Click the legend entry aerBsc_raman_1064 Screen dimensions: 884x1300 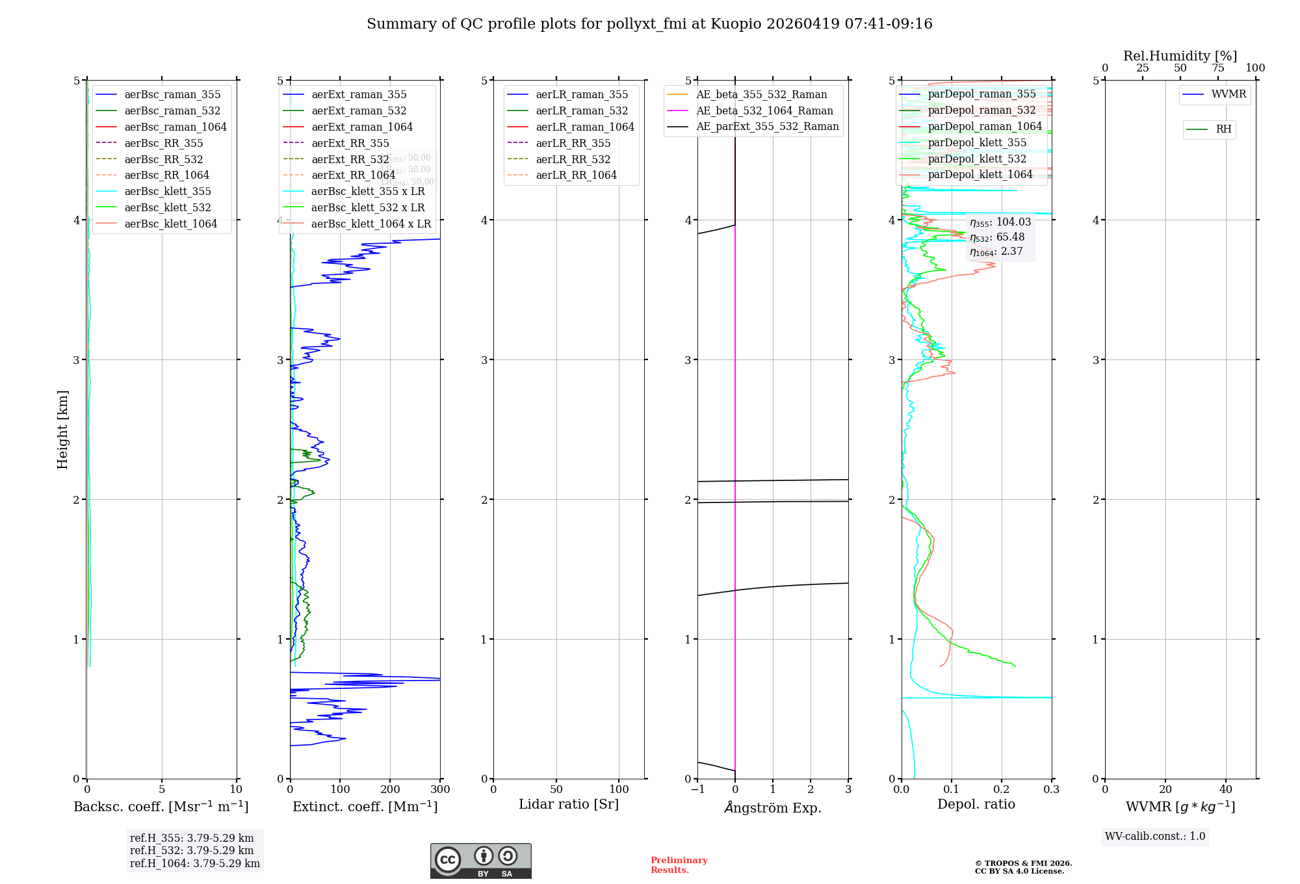175,127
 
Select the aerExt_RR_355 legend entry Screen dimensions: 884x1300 350,143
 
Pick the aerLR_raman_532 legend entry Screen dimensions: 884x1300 582,110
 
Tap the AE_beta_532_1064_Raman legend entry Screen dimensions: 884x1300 764,110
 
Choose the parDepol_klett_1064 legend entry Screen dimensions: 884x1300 980,174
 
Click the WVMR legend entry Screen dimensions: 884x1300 1228,94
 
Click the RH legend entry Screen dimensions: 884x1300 1223,129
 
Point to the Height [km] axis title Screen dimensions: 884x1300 62,429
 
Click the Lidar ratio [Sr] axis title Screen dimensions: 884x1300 569,804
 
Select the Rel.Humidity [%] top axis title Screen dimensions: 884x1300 1180,56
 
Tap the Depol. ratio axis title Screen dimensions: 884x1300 976,804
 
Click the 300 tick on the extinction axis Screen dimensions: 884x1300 440,790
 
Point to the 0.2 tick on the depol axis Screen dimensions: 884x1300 1002,790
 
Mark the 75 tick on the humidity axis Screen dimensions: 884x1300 1217,68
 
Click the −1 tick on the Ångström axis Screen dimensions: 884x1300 697,790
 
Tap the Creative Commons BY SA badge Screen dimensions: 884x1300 480,861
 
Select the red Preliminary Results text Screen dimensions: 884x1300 679,865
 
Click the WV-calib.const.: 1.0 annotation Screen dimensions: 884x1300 1155,837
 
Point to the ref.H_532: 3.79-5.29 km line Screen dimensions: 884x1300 192,850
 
